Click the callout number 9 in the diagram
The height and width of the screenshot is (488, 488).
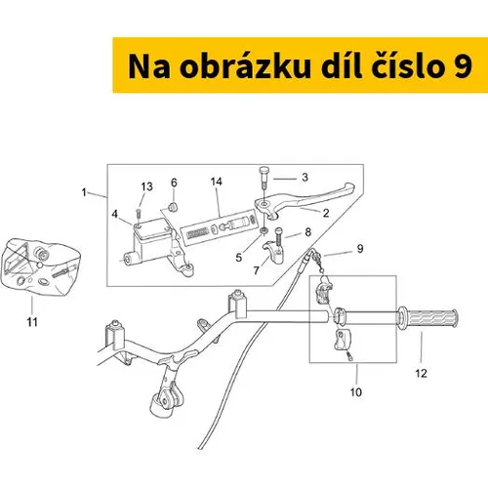tap(360, 249)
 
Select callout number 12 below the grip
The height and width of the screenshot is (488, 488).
tap(421, 373)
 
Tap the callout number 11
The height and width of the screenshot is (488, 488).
tap(32, 322)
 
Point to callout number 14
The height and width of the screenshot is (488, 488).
tap(217, 182)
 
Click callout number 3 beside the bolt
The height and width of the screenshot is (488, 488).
tap(305, 178)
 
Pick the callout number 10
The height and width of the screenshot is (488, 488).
tap(356, 392)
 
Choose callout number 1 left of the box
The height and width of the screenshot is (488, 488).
tap(84, 192)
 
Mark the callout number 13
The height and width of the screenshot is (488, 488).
tap(146, 186)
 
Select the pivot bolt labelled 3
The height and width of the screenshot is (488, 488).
tap(264, 178)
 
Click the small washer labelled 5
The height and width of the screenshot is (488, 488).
tap(264, 231)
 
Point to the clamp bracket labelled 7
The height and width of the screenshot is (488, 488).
tap(273, 253)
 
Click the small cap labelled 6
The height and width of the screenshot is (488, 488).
tap(173, 207)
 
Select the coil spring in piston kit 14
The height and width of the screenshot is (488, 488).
tap(198, 233)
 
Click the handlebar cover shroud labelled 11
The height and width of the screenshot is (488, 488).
tap(40, 266)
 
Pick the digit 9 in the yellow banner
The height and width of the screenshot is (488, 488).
tap(463, 67)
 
